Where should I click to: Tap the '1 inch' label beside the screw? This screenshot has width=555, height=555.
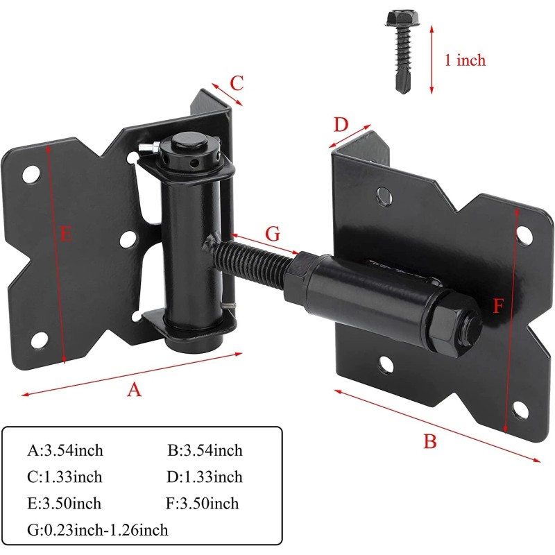[465, 60]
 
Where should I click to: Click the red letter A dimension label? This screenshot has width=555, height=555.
[134, 390]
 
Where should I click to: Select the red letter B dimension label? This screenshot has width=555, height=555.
[430, 441]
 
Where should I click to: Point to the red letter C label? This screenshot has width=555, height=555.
[237, 83]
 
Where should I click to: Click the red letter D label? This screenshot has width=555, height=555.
[340, 125]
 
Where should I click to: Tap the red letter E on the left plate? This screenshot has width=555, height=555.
[66, 234]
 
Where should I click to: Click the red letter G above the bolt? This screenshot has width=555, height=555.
[273, 234]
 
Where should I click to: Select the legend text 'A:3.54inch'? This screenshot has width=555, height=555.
[65, 451]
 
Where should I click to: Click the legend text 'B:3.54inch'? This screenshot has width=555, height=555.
[205, 451]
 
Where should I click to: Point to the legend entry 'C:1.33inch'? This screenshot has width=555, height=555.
[65, 477]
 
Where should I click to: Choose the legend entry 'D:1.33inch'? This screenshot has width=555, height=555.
[205, 477]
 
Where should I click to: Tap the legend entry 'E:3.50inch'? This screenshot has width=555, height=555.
[65, 504]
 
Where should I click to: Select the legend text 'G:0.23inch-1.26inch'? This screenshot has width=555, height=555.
[98, 530]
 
